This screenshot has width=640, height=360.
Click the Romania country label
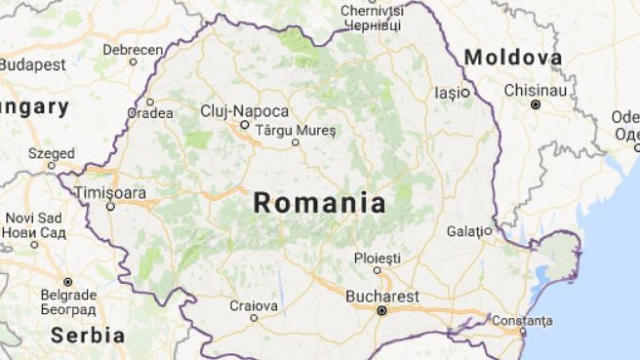[x=319, y=203]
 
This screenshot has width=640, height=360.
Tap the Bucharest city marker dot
[x=382, y=311]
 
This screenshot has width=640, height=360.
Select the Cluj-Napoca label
[x=245, y=111]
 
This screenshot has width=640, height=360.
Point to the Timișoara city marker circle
[x=110, y=206]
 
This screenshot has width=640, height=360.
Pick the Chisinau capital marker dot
[x=535, y=105]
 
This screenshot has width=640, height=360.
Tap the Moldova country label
[x=513, y=58]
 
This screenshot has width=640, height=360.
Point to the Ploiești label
[x=378, y=259]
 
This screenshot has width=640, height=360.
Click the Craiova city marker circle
[x=254, y=318]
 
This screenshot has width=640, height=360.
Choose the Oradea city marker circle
[x=150, y=102]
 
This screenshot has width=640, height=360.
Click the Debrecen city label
[x=133, y=50]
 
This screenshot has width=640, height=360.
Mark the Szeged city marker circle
[x=52, y=166]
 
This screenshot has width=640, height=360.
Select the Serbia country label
[x=87, y=335]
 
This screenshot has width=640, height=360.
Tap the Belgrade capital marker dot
[x=68, y=282]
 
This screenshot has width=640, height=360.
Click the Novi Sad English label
[x=34, y=218]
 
